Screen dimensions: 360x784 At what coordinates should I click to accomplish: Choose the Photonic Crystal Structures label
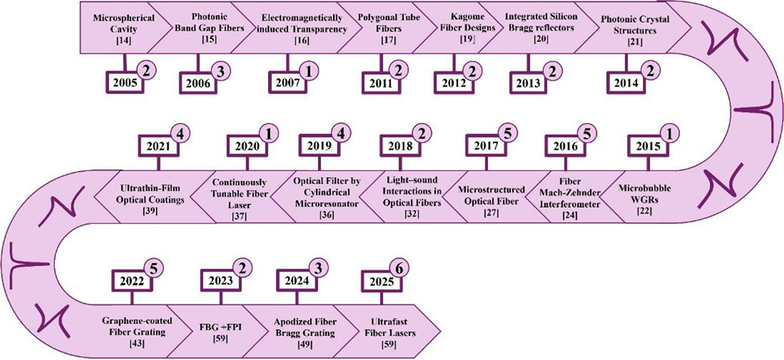point(626,24)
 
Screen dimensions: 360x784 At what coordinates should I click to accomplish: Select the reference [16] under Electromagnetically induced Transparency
point(296,41)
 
